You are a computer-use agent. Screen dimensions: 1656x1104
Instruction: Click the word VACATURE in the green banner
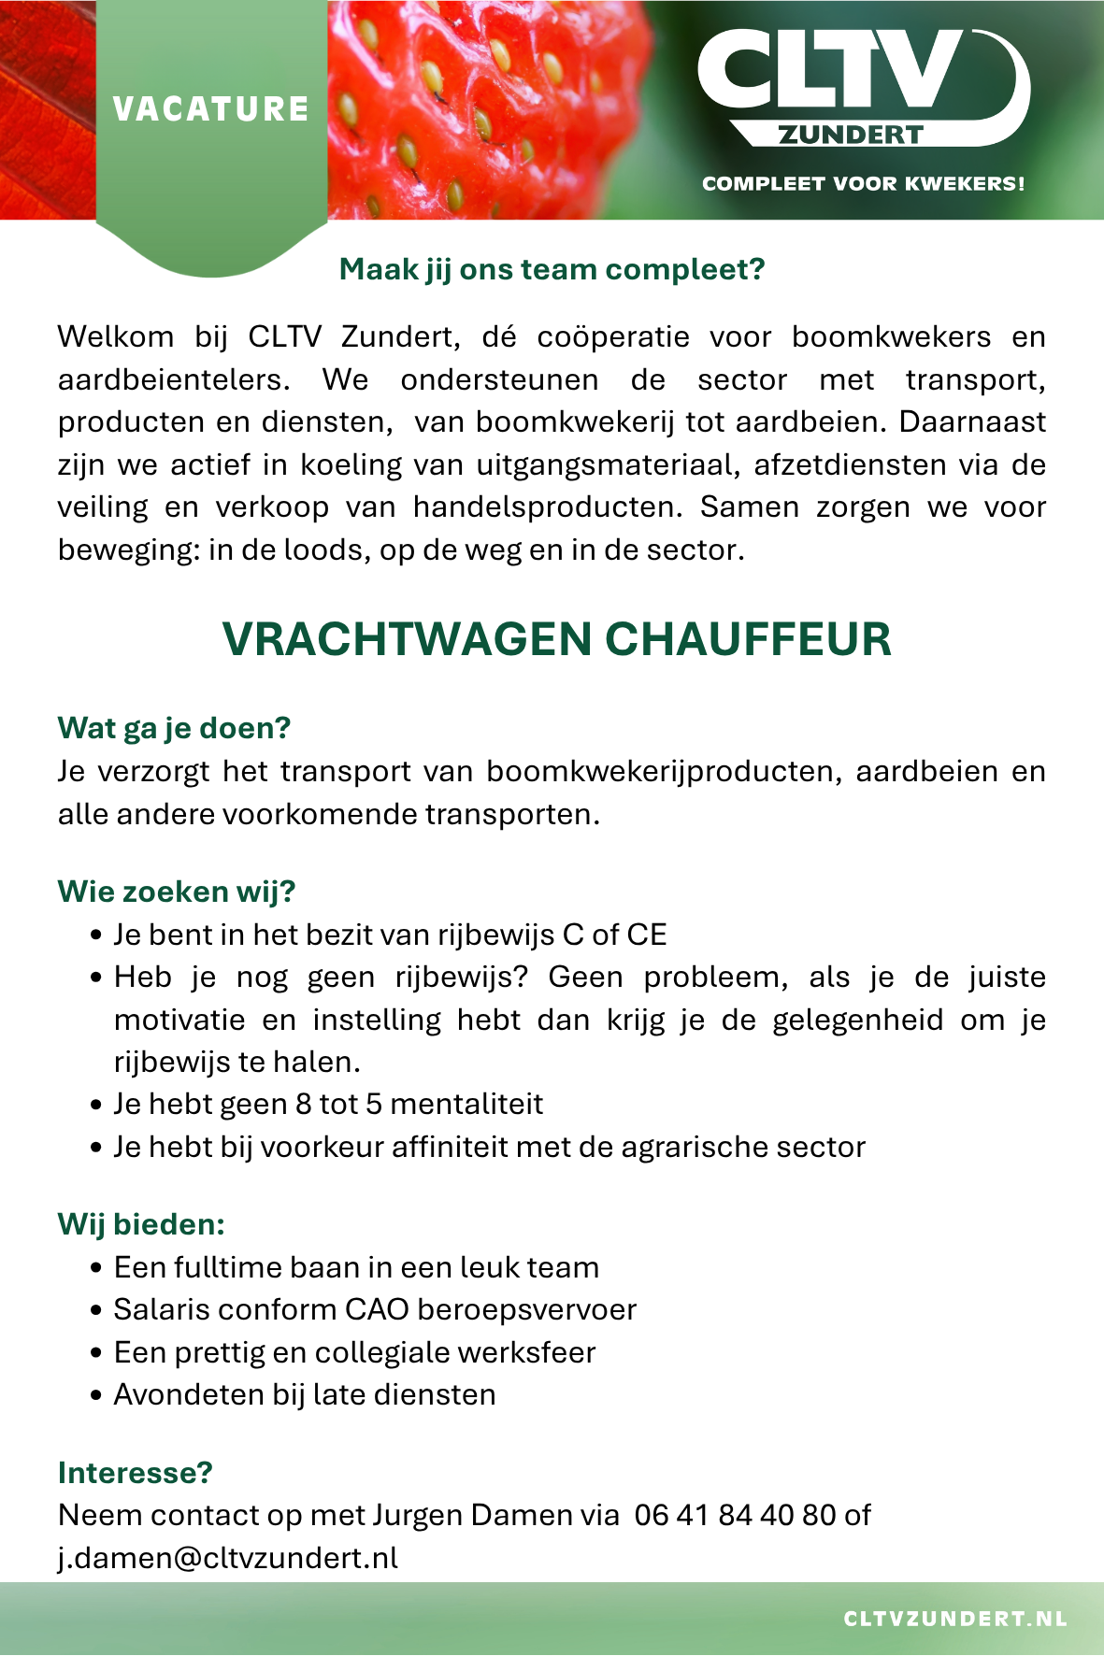tap(210, 109)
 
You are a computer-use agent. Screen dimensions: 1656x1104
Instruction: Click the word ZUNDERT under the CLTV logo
tap(851, 136)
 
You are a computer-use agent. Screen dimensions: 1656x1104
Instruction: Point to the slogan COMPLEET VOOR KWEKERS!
tap(863, 184)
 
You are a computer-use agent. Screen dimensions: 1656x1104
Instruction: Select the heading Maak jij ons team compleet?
tap(552, 269)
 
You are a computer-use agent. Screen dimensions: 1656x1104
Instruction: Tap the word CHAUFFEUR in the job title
tap(748, 640)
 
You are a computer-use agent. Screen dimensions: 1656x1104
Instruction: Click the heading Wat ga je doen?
tap(174, 728)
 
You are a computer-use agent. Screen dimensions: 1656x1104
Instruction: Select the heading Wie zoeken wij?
tap(177, 892)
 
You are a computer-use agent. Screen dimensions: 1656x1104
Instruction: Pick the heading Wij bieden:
tap(141, 1224)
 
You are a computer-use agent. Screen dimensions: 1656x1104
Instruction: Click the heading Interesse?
tap(136, 1473)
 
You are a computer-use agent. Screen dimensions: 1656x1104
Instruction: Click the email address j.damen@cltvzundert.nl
tap(228, 1558)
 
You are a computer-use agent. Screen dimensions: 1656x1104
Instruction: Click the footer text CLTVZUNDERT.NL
tap(955, 1619)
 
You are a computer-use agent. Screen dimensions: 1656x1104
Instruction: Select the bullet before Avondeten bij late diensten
tap(96, 1396)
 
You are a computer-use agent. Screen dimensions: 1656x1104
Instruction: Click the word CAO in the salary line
tap(377, 1310)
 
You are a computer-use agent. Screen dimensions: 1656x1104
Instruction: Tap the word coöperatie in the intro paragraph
tap(613, 336)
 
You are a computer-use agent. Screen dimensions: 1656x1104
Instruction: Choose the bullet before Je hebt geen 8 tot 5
tap(96, 1106)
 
